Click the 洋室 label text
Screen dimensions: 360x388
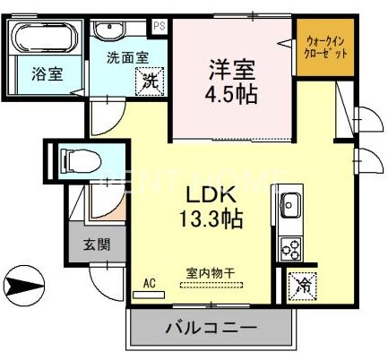(x=228, y=66)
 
